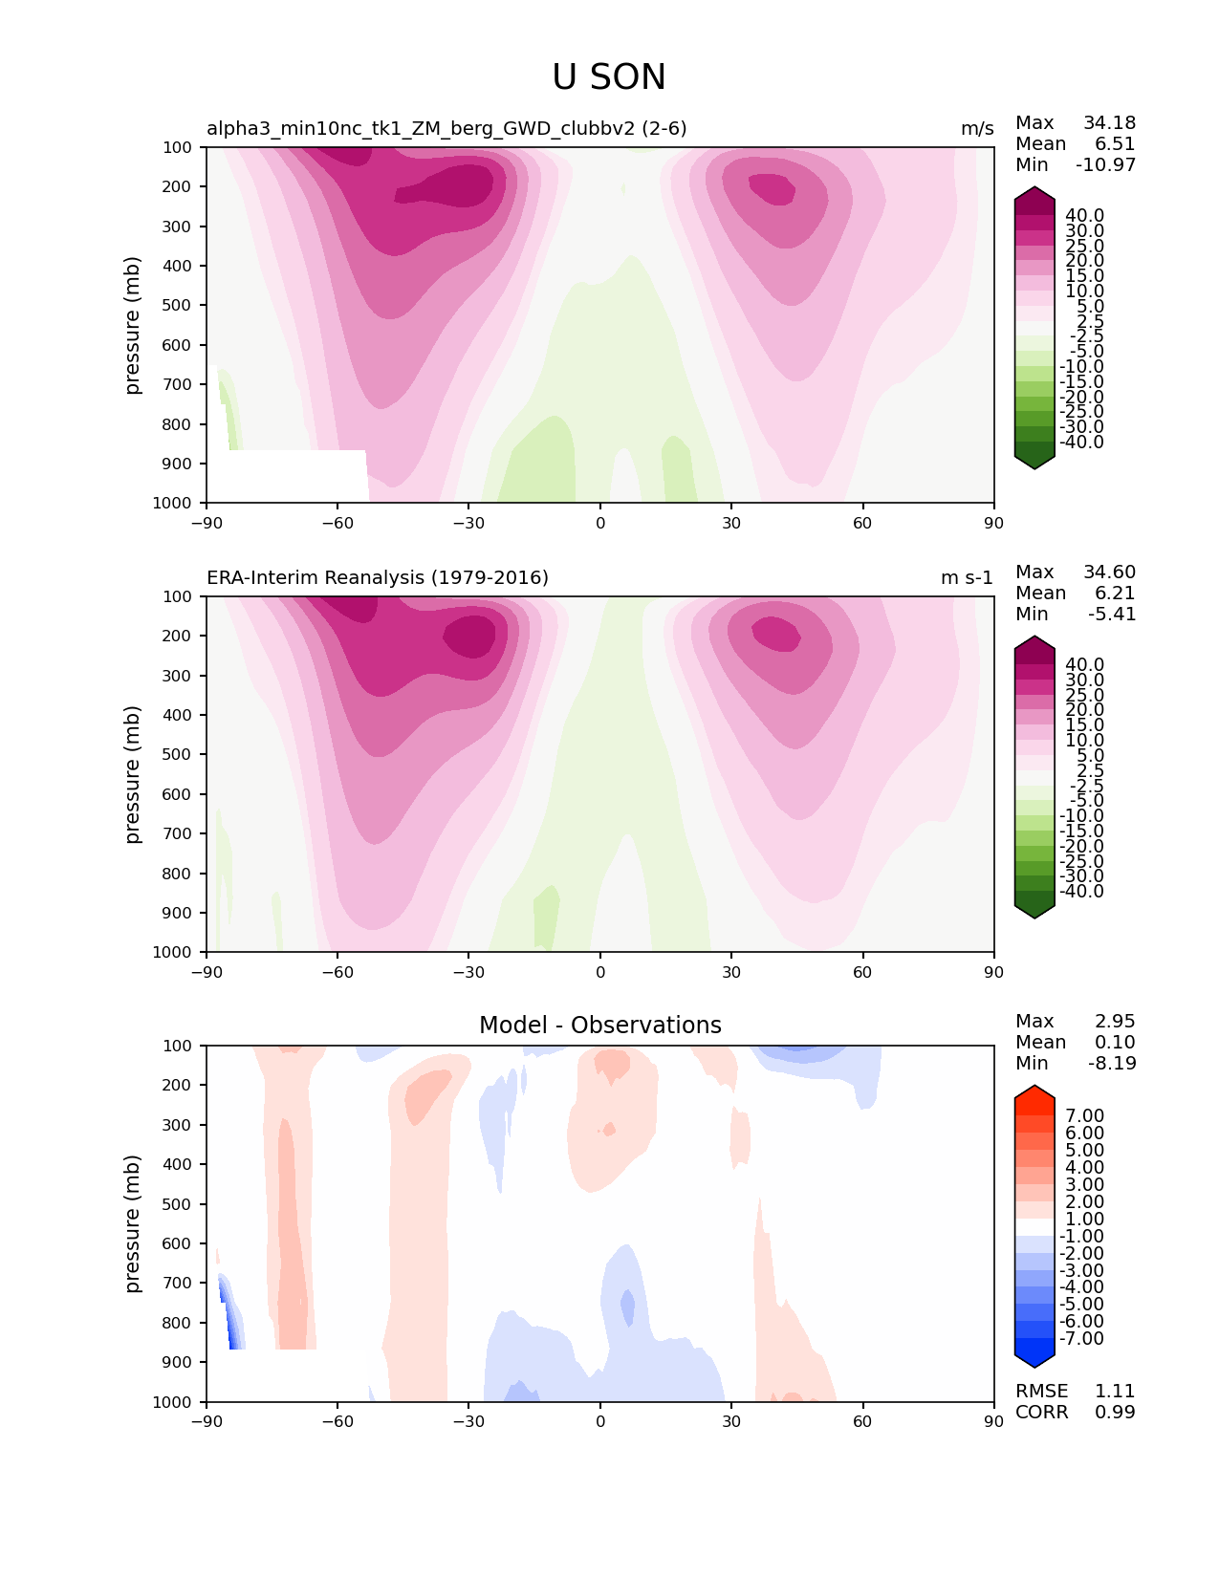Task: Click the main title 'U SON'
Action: (609, 77)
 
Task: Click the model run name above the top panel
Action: (446, 128)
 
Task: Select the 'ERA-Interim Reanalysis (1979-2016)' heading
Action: (378, 577)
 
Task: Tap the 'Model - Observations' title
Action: (599, 1026)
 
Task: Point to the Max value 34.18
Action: (1109, 122)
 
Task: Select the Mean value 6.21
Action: (1115, 593)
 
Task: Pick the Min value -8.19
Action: (1112, 1063)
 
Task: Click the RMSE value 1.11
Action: (1115, 1391)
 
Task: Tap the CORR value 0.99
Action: (1115, 1412)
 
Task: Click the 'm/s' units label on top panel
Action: (977, 128)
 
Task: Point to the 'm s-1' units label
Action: (967, 577)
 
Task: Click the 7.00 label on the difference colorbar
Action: (1084, 1115)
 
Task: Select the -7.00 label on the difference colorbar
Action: (1081, 1338)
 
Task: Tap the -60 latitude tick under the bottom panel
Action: (337, 1421)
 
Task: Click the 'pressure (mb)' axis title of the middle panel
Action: (133, 774)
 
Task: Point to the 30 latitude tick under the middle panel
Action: (731, 972)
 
